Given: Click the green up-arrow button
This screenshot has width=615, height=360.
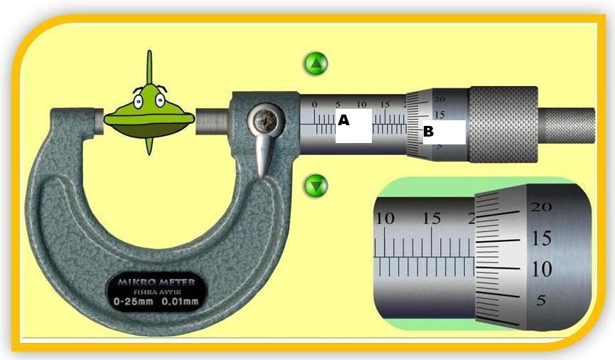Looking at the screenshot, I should pyautogui.click(x=316, y=64).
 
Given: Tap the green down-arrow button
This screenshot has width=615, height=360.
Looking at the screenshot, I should pyautogui.click(x=316, y=187).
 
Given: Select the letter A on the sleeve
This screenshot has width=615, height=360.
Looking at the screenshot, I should pyautogui.click(x=344, y=120).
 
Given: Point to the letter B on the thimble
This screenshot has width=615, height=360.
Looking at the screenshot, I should pyautogui.click(x=428, y=132).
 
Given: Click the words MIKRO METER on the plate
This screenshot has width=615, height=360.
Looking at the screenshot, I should pyautogui.click(x=152, y=282).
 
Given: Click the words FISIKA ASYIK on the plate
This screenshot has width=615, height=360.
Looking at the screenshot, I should pyautogui.click(x=153, y=292).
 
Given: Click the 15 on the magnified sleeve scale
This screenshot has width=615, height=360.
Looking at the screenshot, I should pyautogui.click(x=432, y=218).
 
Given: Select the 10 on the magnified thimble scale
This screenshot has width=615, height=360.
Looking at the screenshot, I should pyautogui.click(x=542, y=270).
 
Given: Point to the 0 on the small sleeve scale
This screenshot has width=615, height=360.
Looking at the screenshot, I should pyautogui.click(x=315, y=105).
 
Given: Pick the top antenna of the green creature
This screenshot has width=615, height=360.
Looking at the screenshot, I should pyautogui.click(x=149, y=68).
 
